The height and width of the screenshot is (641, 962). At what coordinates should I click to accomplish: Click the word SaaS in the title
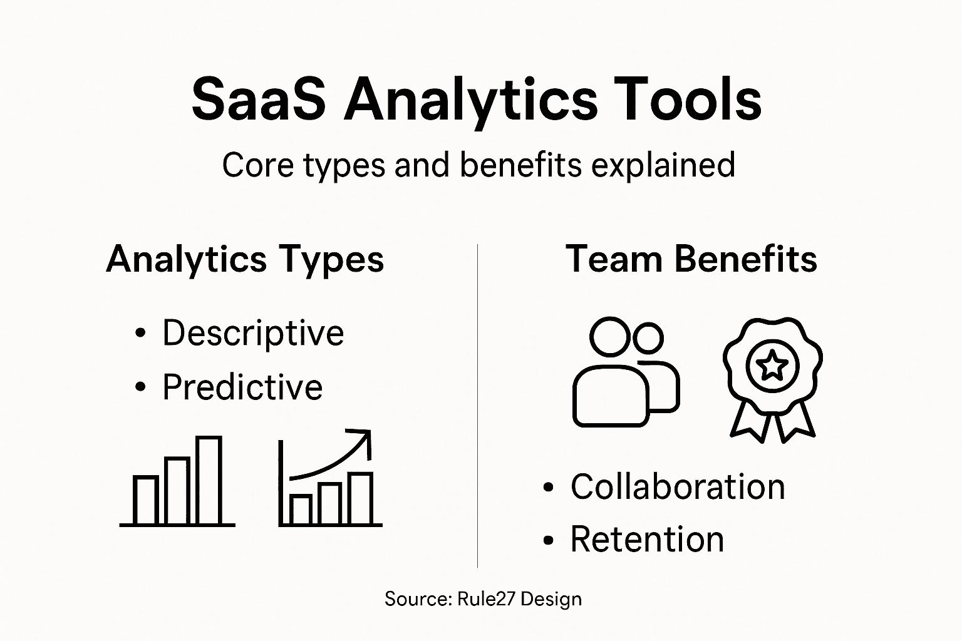click(x=258, y=100)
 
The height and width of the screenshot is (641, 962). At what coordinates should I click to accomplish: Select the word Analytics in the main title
click(x=470, y=100)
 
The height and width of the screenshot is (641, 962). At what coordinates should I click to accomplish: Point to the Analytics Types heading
click(x=245, y=259)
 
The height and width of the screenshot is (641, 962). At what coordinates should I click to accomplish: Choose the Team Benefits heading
click(x=691, y=259)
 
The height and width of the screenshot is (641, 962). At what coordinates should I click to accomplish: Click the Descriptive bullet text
click(x=253, y=332)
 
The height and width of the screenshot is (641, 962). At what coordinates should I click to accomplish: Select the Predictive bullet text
click(x=242, y=387)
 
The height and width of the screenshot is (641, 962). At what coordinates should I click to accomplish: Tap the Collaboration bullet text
click(x=678, y=486)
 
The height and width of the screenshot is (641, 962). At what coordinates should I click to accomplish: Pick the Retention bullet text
click(x=647, y=539)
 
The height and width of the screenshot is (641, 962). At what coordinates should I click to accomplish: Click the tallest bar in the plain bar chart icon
click(x=209, y=480)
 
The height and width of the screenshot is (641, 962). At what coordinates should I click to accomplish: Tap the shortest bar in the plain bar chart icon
click(x=146, y=500)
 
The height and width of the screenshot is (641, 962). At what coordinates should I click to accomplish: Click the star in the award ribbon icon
click(x=772, y=366)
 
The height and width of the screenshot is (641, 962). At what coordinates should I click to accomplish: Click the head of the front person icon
click(x=609, y=337)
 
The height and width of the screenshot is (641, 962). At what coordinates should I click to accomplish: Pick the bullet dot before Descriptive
click(x=140, y=333)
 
